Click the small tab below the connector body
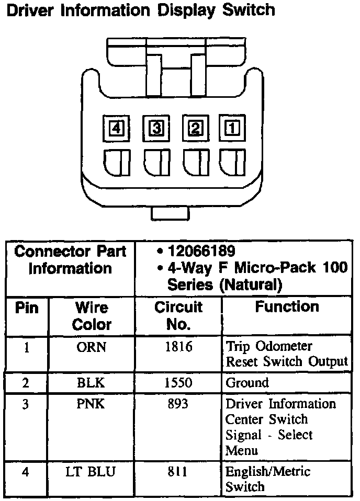pos(170,213)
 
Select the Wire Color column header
pos(92,315)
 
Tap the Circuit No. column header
pos(178,315)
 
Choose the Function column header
pos(287,307)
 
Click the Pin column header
pos(27,308)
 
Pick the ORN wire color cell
pos(91,346)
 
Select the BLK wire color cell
pos(91,383)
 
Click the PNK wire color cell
pos(91,404)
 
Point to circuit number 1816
pos(178,346)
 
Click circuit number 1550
pos(178,383)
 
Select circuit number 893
pos(178,404)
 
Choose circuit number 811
pos(178,472)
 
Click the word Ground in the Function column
pos(247,383)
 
